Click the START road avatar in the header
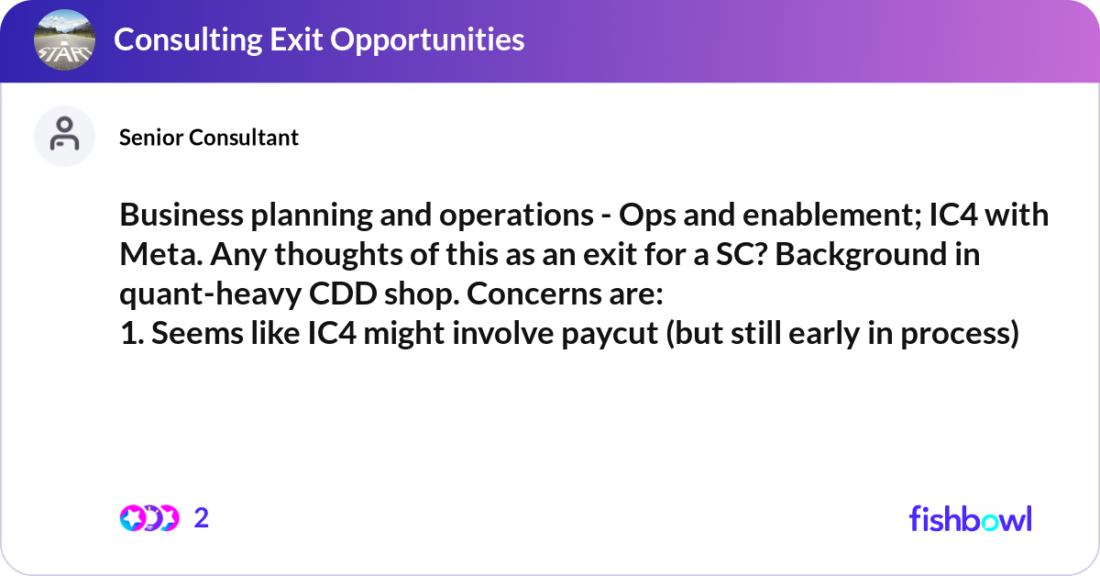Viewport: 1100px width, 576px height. point(64,39)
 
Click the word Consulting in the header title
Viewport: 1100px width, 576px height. point(188,39)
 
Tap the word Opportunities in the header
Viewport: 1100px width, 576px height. point(427,39)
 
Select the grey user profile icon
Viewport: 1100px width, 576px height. point(64,136)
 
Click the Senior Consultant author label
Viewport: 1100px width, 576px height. point(209,137)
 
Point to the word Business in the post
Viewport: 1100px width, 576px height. point(181,215)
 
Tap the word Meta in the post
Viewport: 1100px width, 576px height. point(161,255)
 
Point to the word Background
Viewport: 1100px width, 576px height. point(861,256)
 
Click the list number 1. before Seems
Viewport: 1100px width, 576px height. point(132,333)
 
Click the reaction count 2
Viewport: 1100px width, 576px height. point(202,518)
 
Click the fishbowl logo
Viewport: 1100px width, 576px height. point(971,518)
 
